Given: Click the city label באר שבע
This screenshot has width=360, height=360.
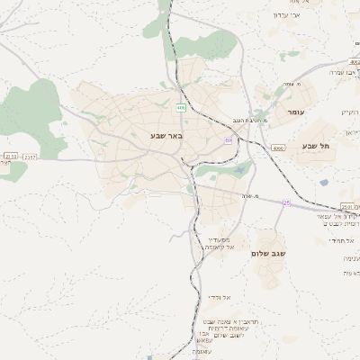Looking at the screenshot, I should coord(168,136).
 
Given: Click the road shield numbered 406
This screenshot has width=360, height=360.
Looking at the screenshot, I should coord(181,107).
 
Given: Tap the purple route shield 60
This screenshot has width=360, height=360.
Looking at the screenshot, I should coord(229,140).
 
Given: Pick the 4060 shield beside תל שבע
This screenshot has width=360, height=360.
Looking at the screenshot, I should coord(278,147).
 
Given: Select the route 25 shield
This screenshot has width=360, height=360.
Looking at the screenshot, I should coord(287,203).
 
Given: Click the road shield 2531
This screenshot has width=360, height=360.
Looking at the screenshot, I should coord(347,206).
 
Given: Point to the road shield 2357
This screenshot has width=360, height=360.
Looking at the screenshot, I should coord(31,157).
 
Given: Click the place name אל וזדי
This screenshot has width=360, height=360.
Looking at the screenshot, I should coord(220,296).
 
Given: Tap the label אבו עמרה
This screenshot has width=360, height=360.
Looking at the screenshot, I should coord(343,71).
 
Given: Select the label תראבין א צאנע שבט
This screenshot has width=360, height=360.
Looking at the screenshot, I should coord(220,321).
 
